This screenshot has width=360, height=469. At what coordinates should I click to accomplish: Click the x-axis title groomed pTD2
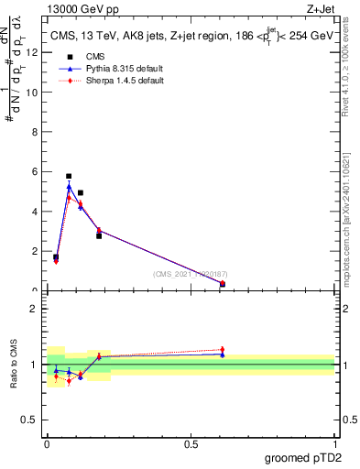tap(303, 459)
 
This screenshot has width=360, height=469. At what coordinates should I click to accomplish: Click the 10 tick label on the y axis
tap(35, 92)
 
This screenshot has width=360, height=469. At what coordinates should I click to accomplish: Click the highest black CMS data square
tap(69, 176)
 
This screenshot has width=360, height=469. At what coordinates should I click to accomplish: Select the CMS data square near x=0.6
tap(223, 284)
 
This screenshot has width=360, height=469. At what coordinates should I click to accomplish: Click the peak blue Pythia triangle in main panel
tap(69, 187)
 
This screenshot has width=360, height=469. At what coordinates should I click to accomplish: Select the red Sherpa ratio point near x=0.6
tap(223, 350)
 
